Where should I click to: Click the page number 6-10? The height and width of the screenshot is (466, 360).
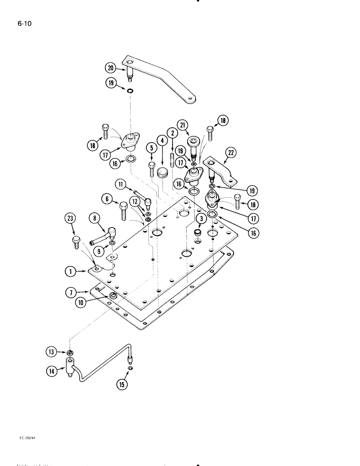24,22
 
